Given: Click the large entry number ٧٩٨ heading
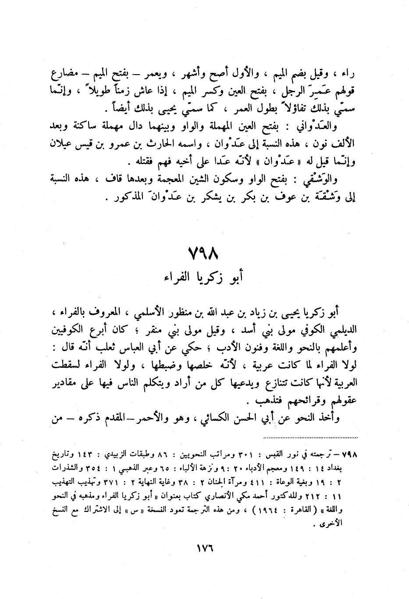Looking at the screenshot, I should pyautogui.click(x=204, y=253).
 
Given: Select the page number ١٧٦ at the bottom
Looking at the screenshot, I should pyautogui.click(x=204, y=549).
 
